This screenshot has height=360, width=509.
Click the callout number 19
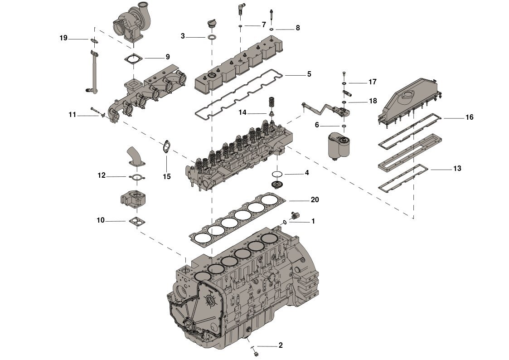pos(63,38)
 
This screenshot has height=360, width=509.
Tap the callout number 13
pos(457,169)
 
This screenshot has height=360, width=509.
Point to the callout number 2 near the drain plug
pos(281,345)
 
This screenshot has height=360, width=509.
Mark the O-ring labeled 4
pos(277,175)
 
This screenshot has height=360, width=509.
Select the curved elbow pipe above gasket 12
pos(135,155)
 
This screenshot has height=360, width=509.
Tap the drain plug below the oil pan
pos(255,353)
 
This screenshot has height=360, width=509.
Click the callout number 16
pos(470,117)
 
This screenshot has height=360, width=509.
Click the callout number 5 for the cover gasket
pos(309,73)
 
